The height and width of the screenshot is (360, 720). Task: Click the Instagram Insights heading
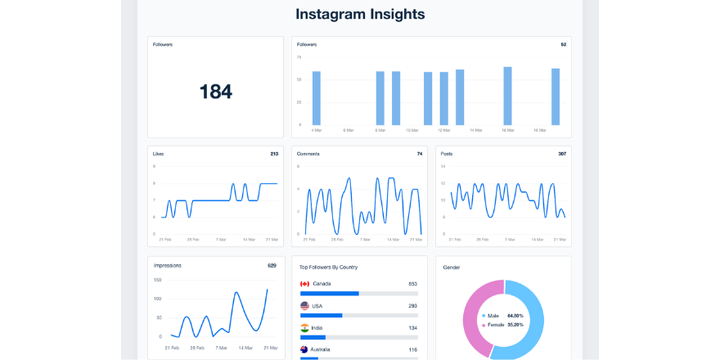pyautogui.click(x=360, y=15)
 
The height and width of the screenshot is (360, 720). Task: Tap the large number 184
pyautogui.click(x=216, y=92)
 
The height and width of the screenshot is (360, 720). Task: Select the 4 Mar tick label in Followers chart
pyautogui.click(x=317, y=130)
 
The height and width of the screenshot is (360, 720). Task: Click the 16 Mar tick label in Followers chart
pyautogui.click(x=539, y=130)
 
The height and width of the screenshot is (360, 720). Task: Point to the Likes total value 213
pyautogui.click(x=274, y=154)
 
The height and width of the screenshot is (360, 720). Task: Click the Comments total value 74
pyautogui.click(x=420, y=154)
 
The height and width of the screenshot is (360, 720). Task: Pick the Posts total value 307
pyautogui.click(x=562, y=154)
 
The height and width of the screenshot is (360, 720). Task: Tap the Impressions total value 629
pyautogui.click(x=272, y=265)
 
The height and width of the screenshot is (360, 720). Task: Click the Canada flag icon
pyautogui.click(x=305, y=284)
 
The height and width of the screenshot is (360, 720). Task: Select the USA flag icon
pyautogui.click(x=305, y=306)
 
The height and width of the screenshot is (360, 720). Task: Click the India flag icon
pyautogui.click(x=305, y=328)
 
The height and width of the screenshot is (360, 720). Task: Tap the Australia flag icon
pyautogui.click(x=305, y=349)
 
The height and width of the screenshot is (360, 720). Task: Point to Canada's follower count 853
pyautogui.click(x=413, y=284)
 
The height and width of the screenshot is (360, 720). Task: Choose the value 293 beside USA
pyautogui.click(x=413, y=306)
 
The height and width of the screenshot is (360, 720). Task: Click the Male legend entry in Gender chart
pyautogui.click(x=493, y=315)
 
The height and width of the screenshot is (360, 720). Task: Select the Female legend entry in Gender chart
pyautogui.click(x=496, y=324)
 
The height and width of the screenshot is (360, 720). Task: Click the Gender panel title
pyautogui.click(x=452, y=268)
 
